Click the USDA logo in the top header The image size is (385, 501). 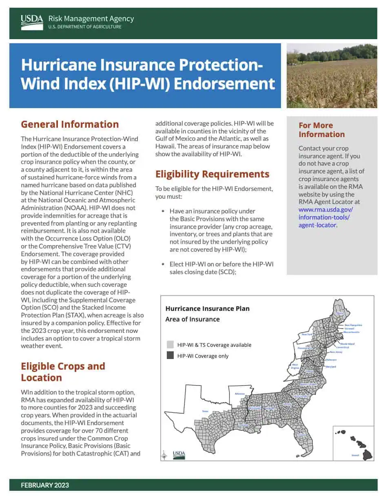(32, 22)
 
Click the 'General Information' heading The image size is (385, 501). (70, 124)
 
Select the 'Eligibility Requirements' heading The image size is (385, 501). (212, 174)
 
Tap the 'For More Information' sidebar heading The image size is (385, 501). (321, 130)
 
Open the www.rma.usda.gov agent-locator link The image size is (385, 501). (325, 217)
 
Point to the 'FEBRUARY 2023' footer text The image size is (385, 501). (45, 485)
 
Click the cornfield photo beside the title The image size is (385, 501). (332, 76)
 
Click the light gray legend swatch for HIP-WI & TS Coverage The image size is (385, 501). (170, 345)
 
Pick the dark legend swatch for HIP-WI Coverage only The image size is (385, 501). (170, 356)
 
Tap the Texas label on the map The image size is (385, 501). (205, 411)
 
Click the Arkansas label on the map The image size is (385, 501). (240, 394)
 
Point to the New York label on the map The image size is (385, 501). (307, 334)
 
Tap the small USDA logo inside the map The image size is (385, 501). (179, 454)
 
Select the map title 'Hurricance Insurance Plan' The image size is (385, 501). (207, 308)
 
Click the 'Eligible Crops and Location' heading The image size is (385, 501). (63, 372)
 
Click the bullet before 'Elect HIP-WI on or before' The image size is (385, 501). (163, 264)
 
